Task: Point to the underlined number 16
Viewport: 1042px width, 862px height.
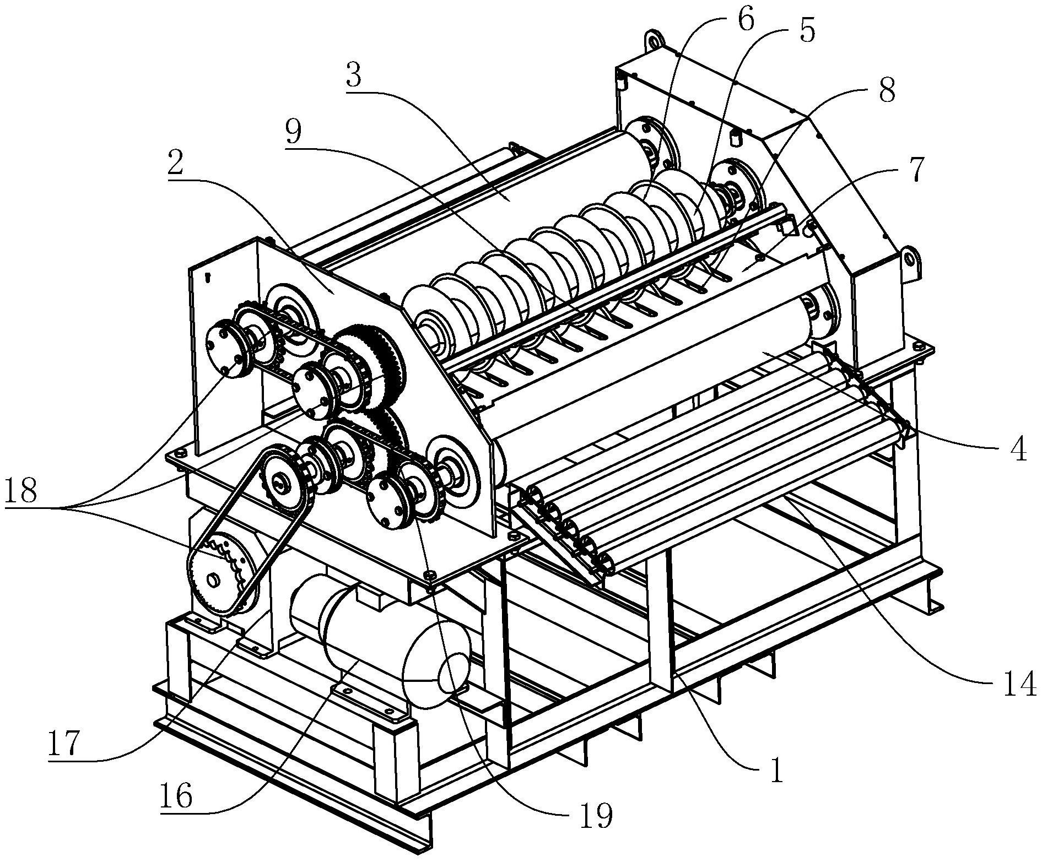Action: click(x=176, y=795)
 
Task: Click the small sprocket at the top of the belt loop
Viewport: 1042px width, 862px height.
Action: click(x=282, y=481)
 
